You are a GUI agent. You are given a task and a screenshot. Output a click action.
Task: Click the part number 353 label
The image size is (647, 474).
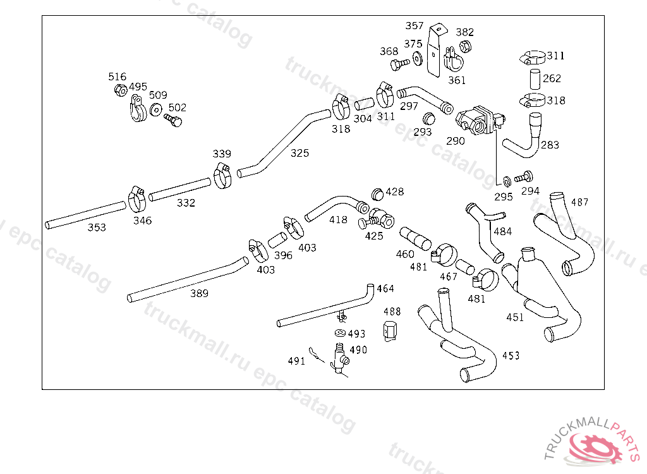[97, 228]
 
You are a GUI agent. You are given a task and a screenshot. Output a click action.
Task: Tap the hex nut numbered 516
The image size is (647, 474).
[120, 90]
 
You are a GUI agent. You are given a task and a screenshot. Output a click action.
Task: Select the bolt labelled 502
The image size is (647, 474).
[173, 119]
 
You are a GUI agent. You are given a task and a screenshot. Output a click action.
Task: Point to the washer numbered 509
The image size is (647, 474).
[155, 110]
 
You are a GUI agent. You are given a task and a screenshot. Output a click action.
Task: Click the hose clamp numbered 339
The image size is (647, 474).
[223, 176]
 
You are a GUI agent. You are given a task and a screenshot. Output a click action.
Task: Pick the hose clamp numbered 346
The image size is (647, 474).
[137, 199]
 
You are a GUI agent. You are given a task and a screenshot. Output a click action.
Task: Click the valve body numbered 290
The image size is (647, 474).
[480, 119]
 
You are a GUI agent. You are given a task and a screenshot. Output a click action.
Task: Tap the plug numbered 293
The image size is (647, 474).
[429, 119]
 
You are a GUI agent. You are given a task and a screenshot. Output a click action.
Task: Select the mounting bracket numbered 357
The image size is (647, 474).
[435, 50]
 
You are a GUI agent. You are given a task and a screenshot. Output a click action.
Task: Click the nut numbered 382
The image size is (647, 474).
[465, 46]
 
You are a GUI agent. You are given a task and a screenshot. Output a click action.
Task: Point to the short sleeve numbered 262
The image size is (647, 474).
[535, 79]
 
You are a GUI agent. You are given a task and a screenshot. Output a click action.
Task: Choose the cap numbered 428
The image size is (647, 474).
[378, 193]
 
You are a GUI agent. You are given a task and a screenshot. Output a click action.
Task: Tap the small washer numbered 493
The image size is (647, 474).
[340, 332]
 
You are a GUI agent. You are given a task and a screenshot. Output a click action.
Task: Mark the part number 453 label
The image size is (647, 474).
[511, 355]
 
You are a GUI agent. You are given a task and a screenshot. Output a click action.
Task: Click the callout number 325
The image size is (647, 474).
[299, 153]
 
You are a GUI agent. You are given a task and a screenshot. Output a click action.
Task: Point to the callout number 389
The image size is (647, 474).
[199, 294]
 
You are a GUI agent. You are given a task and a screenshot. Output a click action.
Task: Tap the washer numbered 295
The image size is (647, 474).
[507, 181]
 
